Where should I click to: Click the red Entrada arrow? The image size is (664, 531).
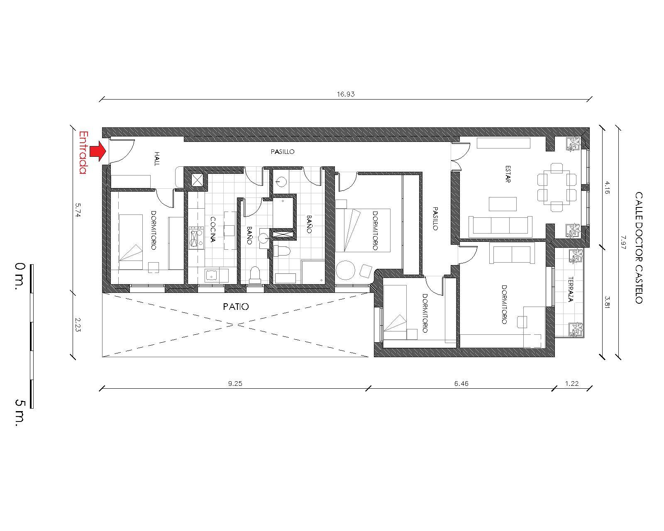click(x=98, y=151)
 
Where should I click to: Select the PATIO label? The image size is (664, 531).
click(x=236, y=307)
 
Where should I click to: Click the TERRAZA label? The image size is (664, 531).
click(x=571, y=289)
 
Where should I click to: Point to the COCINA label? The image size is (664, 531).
click(x=213, y=229)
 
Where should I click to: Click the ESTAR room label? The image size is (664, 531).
click(x=508, y=174)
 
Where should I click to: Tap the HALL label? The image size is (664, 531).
click(x=157, y=158)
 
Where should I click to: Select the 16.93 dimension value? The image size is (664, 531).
click(x=346, y=94)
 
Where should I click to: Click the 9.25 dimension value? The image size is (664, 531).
click(x=235, y=383)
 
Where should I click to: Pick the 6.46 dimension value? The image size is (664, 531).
click(x=461, y=383)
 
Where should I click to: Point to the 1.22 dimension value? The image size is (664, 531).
click(x=572, y=383)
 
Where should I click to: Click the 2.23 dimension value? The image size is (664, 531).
click(x=77, y=325)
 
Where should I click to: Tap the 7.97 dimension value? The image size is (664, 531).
click(x=623, y=242)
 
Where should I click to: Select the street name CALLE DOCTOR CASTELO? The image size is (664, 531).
click(x=639, y=248)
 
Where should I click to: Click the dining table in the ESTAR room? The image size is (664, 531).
click(x=557, y=187)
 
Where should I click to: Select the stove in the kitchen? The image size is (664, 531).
click(x=196, y=238)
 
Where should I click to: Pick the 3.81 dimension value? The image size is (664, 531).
click(x=607, y=302)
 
